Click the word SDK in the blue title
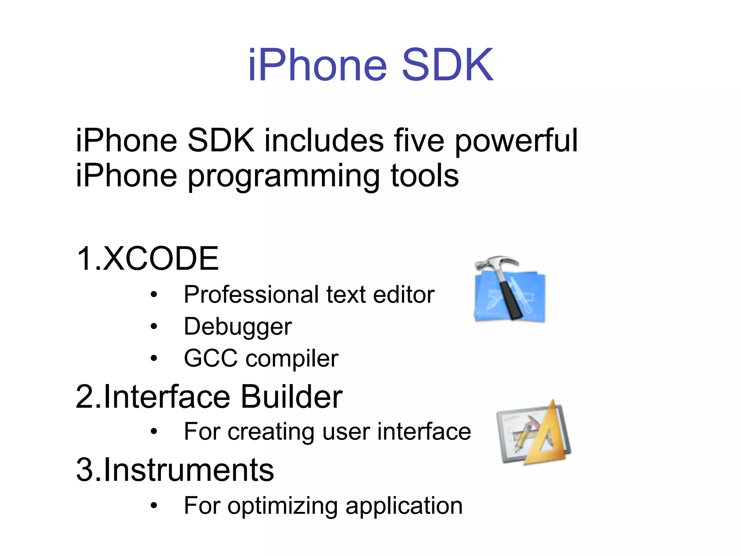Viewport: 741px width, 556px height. pos(447,65)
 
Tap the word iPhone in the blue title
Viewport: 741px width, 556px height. pos(318,65)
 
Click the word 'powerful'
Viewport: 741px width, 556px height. pos(516,141)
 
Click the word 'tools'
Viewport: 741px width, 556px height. pos(424,176)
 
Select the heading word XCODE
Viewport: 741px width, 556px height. pos(161,258)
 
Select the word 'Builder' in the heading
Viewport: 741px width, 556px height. pos(291,397)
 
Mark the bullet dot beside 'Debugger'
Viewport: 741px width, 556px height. pos(154,327)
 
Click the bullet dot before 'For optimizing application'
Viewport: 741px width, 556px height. pos(154,505)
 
